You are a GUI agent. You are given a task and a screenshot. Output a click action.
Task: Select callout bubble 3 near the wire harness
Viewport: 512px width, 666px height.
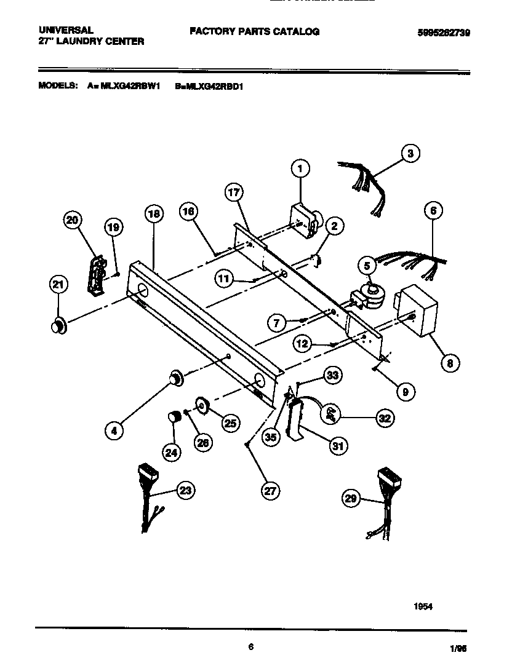click(x=409, y=153)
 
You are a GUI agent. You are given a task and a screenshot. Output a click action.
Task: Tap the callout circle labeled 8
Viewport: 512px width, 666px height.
click(x=449, y=363)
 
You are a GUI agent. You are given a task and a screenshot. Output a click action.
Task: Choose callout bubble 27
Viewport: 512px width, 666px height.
click(x=270, y=490)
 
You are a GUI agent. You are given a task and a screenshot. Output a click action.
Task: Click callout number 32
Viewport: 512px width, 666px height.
click(x=385, y=418)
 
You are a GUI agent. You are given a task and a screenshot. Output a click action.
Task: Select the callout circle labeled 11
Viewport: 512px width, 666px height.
click(x=225, y=279)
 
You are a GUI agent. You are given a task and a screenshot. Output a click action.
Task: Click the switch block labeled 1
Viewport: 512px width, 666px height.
click(x=303, y=221)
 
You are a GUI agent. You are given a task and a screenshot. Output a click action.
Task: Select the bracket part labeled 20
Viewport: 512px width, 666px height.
click(x=95, y=269)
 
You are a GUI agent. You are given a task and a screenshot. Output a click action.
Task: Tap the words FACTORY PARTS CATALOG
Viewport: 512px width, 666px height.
click(x=254, y=31)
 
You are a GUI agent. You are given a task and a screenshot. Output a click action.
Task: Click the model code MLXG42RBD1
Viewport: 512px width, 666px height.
click(x=210, y=87)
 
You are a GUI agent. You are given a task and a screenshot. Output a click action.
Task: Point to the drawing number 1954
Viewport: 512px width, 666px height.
click(x=423, y=606)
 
